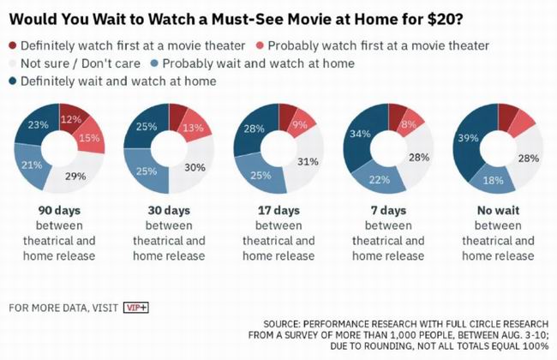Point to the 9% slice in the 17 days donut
click(299, 125)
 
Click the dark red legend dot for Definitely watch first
click(13, 45)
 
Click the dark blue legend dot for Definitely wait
click(13, 81)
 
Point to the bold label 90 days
click(58, 211)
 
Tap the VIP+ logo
click(135, 307)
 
